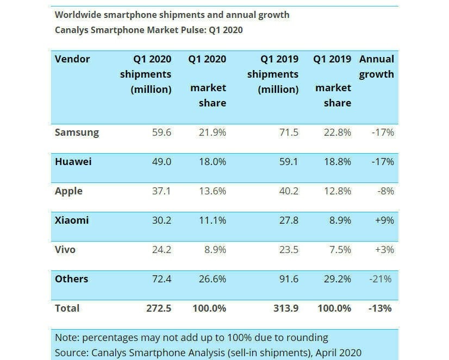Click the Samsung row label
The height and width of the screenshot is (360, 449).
point(77,132)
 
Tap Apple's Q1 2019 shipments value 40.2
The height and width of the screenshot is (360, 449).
point(287,191)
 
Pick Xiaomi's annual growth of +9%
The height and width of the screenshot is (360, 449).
point(383,220)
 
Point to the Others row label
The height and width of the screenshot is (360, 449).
point(71,279)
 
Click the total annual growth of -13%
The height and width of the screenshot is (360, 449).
point(380,308)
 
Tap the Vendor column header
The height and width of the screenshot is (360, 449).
point(72,59)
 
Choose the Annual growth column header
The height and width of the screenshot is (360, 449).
point(377,66)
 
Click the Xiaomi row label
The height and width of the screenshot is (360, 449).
point(72,220)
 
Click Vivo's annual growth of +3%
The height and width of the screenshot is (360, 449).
point(383,250)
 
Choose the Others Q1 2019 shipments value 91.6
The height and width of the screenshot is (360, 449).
point(287,279)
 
